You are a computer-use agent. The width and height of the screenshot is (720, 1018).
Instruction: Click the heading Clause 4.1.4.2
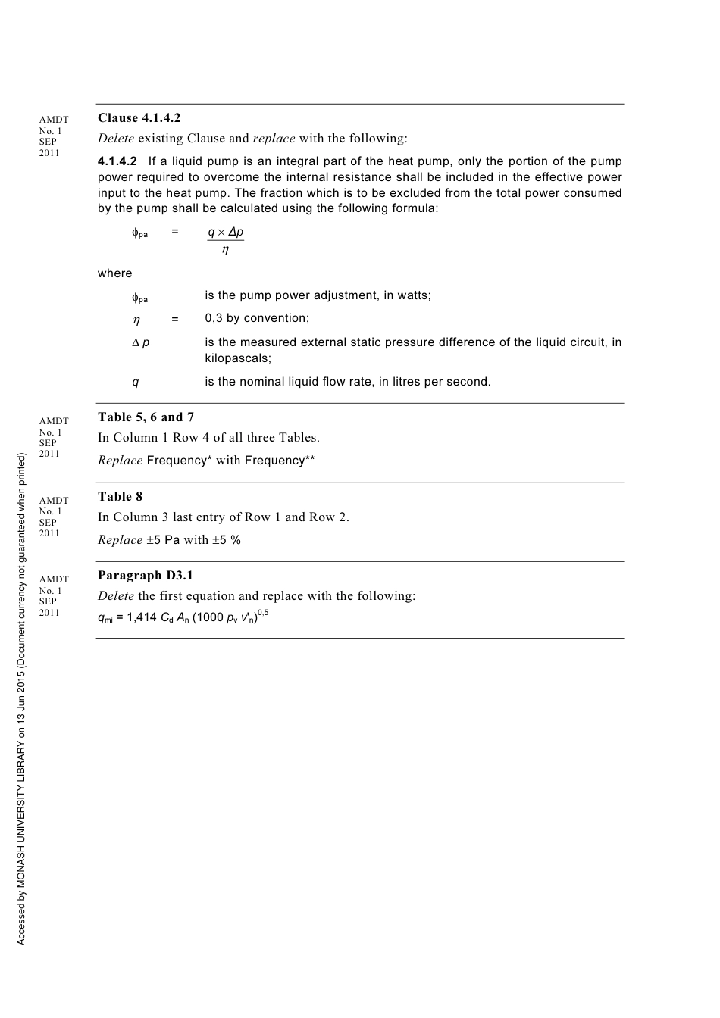(139, 118)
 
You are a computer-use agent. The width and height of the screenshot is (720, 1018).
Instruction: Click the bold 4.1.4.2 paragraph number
(117, 161)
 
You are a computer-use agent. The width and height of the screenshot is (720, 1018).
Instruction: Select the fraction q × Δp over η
(226, 240)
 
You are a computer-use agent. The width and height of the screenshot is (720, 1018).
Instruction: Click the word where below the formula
(114, 273)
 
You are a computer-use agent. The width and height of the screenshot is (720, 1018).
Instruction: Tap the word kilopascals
(237, 358)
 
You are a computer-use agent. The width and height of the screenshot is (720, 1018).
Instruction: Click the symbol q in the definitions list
(136, 382)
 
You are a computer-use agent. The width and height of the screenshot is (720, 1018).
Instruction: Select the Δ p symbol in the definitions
(140, 342)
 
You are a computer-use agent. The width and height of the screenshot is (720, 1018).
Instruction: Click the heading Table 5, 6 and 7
(146, 417)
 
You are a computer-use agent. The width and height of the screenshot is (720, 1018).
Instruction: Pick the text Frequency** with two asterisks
(279, 461)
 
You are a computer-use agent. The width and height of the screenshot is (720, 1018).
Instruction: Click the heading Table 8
(120, 497)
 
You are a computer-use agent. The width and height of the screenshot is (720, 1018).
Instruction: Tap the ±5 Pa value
(163, 540)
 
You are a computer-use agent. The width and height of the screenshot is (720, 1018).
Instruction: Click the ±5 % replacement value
(226, 540)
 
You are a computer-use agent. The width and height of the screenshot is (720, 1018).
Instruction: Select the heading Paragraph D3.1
(146, 576)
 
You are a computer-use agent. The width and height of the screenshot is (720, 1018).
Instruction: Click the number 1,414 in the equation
(142, 617)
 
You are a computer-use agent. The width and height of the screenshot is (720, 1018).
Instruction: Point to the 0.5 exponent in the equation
(263, 612)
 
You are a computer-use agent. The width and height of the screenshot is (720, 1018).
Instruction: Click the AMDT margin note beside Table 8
(53, 517)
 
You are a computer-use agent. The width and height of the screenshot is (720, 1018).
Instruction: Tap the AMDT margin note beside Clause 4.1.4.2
(53, 136)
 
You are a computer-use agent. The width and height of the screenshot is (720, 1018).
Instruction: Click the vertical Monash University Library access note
(21, 697)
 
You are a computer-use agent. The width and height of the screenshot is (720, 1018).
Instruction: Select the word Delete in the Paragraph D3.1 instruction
(116, 596)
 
